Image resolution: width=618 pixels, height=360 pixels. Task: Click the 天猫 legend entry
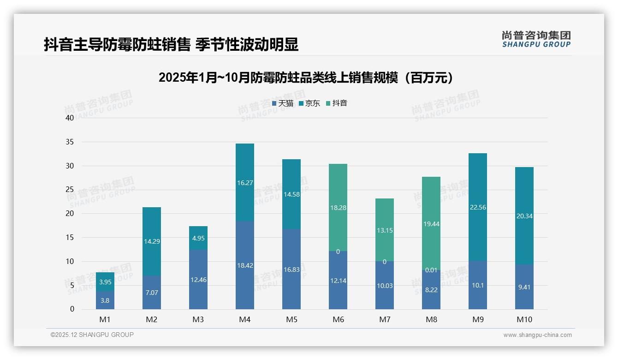(283, 103)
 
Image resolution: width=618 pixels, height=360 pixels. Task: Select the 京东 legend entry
(309, 103)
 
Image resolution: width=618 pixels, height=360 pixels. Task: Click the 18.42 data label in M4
(245, 265)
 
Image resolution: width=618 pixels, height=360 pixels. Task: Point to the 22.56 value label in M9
(478, 207)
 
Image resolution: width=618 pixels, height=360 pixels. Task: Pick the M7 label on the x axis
(385, 319)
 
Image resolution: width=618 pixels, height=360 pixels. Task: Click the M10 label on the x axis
(524, 319)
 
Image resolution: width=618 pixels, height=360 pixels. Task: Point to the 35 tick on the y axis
(70, 142)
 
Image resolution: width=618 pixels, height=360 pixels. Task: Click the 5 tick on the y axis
(72, 285)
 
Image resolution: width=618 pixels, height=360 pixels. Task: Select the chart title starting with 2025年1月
(306, 78)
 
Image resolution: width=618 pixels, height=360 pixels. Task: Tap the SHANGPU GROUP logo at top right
(536, 39)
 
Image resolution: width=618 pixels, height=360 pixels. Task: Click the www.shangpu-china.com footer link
(537, 335)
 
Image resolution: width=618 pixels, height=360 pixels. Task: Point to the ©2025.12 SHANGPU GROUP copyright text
(92, 335)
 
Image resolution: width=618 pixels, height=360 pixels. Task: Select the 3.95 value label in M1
(105, 282)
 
